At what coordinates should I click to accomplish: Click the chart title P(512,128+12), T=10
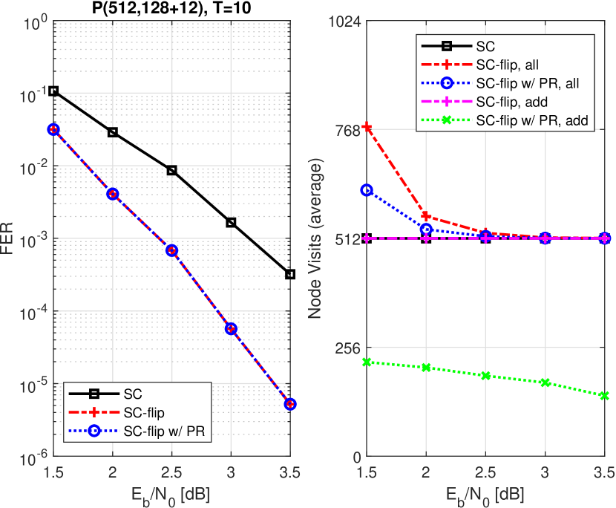[x=172, y=8]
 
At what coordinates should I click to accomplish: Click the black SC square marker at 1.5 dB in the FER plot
[x=53, y=91]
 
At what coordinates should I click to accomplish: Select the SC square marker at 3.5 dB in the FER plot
[x=290, y=274]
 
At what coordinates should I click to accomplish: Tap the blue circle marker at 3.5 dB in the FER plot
[x=290, y=404]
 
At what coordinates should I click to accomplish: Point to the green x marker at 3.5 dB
[x=605, y=396]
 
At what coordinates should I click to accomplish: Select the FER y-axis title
[x=8, y=239]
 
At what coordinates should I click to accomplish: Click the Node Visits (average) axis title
[x=314, y=239]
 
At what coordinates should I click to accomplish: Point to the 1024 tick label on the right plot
[x=344, y=22]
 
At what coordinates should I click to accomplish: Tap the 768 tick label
[x=347, y=131]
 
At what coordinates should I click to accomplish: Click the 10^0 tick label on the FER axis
[x=33, y=23]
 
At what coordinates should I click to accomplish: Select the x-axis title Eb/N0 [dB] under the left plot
[x=171, y=494]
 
